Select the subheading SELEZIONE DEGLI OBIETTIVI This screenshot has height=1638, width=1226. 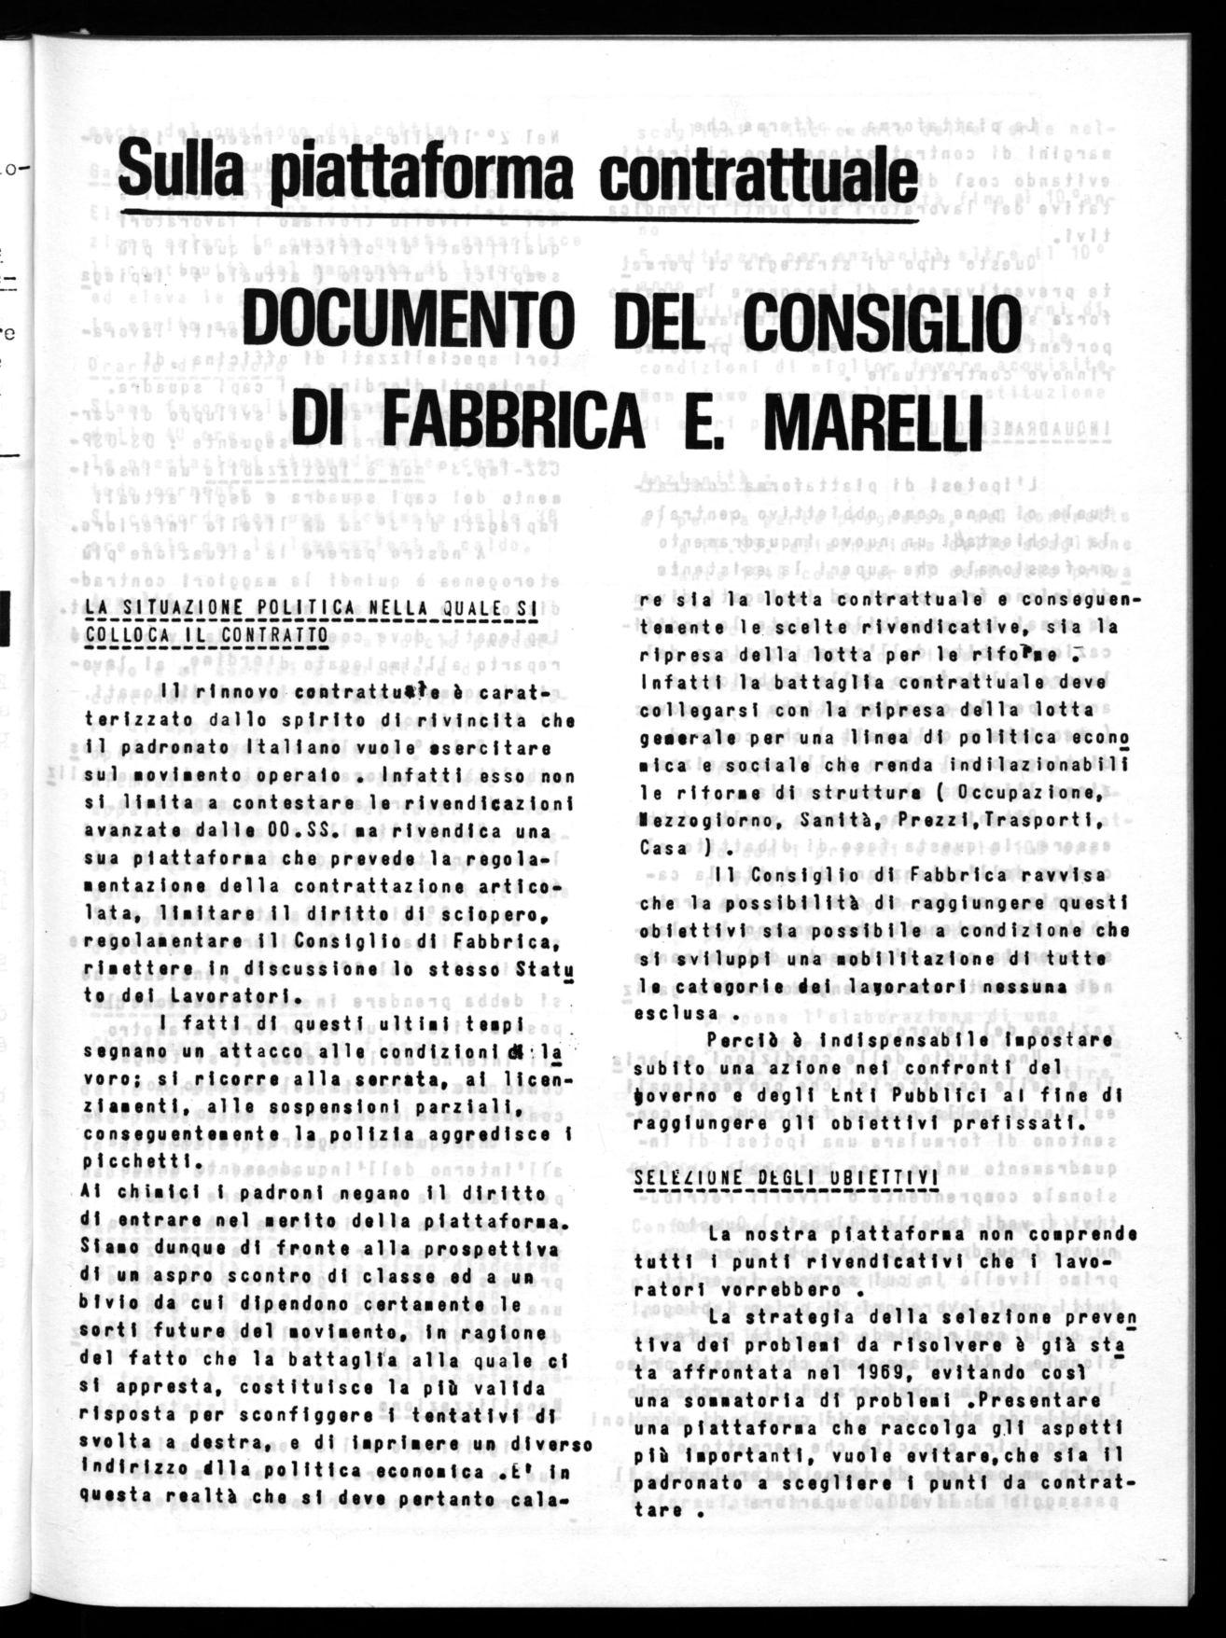786,1177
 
